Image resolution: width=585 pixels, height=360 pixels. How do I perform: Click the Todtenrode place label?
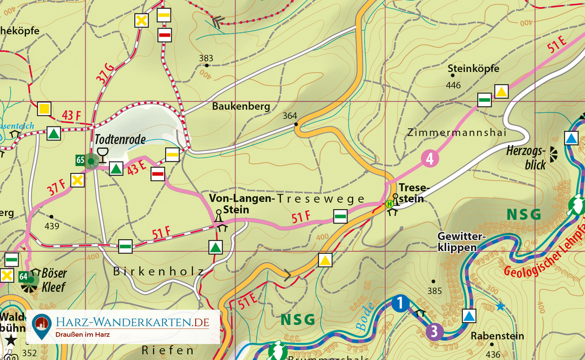120,139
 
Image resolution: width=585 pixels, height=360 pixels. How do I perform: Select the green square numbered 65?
80,160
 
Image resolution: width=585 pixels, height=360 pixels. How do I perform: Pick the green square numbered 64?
23,276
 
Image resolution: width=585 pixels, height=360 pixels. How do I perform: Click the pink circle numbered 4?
430,158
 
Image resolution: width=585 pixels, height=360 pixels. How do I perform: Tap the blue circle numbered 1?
400,303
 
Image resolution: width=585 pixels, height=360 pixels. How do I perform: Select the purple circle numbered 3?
434,331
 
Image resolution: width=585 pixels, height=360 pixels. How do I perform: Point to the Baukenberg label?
241,106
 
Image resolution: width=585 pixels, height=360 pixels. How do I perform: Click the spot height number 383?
206,58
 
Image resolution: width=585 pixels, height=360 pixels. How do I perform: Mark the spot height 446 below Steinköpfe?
453,85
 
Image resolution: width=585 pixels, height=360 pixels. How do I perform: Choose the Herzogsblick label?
526,158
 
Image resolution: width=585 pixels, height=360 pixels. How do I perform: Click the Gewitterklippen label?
461,242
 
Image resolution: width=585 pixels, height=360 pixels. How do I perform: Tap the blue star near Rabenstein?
500,306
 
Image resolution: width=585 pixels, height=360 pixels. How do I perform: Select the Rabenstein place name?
497,336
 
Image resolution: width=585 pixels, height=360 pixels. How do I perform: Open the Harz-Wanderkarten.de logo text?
132,323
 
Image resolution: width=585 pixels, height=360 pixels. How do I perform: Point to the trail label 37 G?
105,73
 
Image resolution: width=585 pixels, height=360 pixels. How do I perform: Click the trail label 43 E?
136,168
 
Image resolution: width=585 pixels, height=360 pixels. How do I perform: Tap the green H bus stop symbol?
390,204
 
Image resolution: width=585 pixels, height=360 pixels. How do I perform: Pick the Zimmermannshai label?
457,133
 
